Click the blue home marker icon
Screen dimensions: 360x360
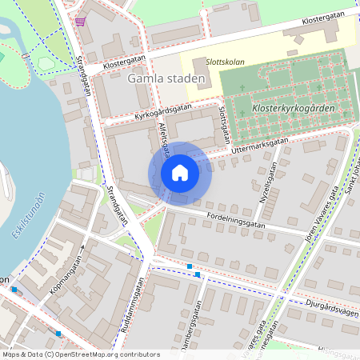coord(180,172)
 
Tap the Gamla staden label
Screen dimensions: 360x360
coord(166,79)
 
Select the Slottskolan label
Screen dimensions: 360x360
coord(226,62)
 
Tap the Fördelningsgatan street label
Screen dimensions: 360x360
coord(235,222)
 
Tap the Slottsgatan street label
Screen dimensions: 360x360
coord(226,122)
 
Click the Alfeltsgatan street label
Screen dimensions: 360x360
coord(164,139)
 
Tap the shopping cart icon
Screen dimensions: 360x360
coord(80,21)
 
